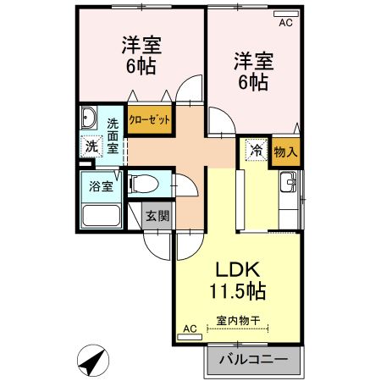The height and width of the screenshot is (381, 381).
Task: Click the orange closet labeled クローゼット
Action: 150,119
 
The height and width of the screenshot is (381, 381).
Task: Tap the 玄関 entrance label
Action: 157,215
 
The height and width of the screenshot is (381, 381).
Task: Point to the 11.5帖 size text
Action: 239,292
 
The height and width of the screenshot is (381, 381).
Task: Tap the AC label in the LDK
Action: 190,328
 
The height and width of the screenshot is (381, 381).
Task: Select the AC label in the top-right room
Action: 284,23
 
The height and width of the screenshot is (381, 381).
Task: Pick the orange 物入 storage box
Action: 286,152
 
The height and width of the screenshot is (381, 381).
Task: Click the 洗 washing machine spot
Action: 91,146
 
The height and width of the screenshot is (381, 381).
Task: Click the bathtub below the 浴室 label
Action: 101,213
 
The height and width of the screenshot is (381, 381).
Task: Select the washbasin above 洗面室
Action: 90,118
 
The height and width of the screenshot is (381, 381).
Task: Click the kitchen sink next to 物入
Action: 289,182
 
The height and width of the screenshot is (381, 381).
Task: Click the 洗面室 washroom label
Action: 113,135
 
